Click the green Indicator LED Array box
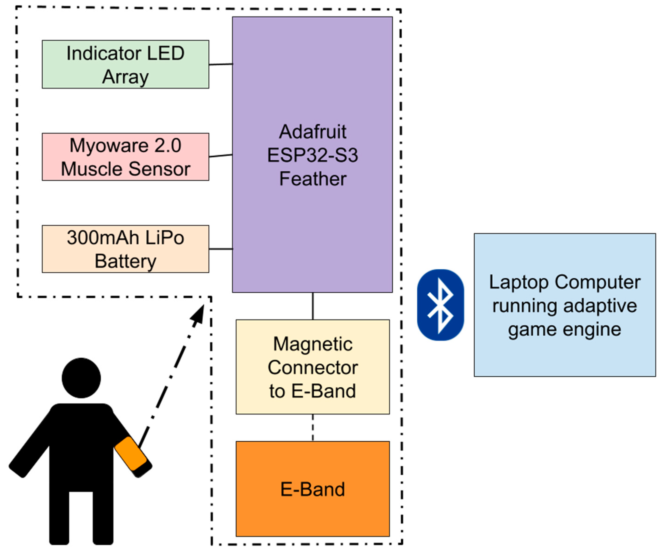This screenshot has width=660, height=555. [x=125, y=64]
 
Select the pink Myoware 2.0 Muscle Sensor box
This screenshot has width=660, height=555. [x=125, y=157]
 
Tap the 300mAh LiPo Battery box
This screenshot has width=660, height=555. [x=125, y=249]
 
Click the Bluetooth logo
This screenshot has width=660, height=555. [x=440, y=305]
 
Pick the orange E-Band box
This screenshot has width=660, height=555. [x=312, y=489]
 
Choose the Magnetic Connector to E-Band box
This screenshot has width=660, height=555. [x=312, y=367]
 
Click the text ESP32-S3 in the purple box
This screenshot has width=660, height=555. [x=312, y=155]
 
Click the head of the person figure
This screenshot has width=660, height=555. [x=81, y=378]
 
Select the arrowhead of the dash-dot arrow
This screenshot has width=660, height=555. [x=198, y=315]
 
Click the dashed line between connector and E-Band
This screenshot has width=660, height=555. [x=312, y=428]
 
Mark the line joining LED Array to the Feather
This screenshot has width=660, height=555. [x=221, y=64]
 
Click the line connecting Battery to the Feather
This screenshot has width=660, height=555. [x=221, y=249]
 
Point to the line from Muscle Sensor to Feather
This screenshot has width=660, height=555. [x=221, y=155]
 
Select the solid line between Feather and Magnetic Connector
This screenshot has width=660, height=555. [x=312, y=306]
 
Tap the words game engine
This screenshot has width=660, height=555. [x=564, y=330]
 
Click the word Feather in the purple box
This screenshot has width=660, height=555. [x=312, y=179]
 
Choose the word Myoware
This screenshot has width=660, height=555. [x=109, y=145]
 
